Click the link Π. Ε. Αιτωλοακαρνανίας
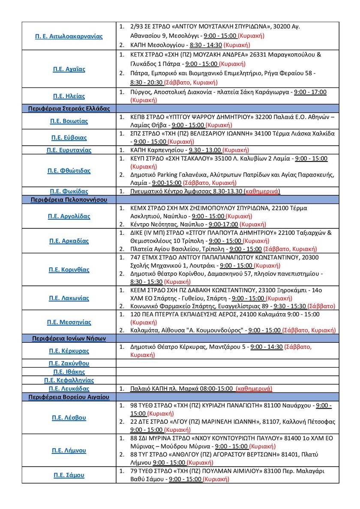pyautogui.click(x=69, y=36)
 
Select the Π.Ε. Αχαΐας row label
pyautogui.click(x=69, y=69)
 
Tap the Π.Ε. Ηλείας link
pyautogui.click(x=69, y=96)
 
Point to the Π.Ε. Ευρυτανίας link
pyautogui.click(x=69, y=150)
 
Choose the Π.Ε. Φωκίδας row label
pyautogui.click(x=69, y=192)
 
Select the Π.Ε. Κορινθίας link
pyautogui.click(x=69, y=270)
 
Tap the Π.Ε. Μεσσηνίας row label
pyautogui.click(x=69, y=322)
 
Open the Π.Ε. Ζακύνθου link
pyautogui.click(x=69, y=363)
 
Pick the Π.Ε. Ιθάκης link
pyautogui.click(x=69, y=372)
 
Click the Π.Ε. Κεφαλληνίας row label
pyautogui.click(x=69, y=380)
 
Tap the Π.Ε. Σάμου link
pyautogui.click(x=69, y=475)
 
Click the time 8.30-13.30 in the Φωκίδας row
pyautogui.click(x=225, y=192)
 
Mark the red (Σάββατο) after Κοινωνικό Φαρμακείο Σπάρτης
pyautogui.click(x=322, y=306)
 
